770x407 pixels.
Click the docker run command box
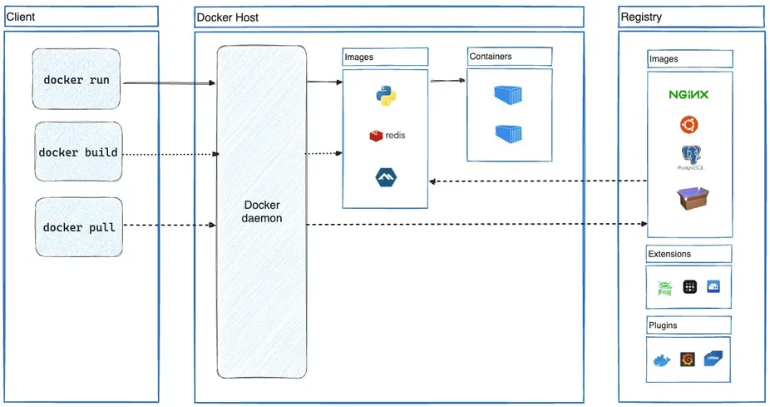click(x=77, y=80)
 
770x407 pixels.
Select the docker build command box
click(x=78, y=152)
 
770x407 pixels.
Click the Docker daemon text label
click(x=261, y=211)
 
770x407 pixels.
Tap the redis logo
click(x=387, y=135)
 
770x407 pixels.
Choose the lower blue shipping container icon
click(x=507, y=133)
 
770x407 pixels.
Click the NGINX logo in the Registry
click(x=689, y=95)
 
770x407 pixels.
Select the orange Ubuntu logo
click(x=689, y=125)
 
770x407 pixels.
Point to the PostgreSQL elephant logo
click(x=689, y=156)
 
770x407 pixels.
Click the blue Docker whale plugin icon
click(x=662, y=360)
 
